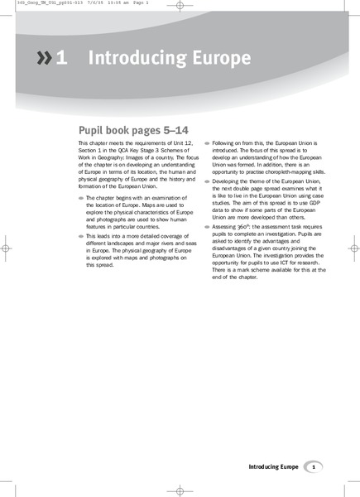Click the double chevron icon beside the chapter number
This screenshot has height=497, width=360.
click(42, 58)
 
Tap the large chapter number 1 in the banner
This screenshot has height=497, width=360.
click(61, 58)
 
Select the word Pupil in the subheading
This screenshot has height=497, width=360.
click(92, 130)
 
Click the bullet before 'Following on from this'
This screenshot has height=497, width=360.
click(207, 143)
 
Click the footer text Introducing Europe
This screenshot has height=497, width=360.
click(273, 467)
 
